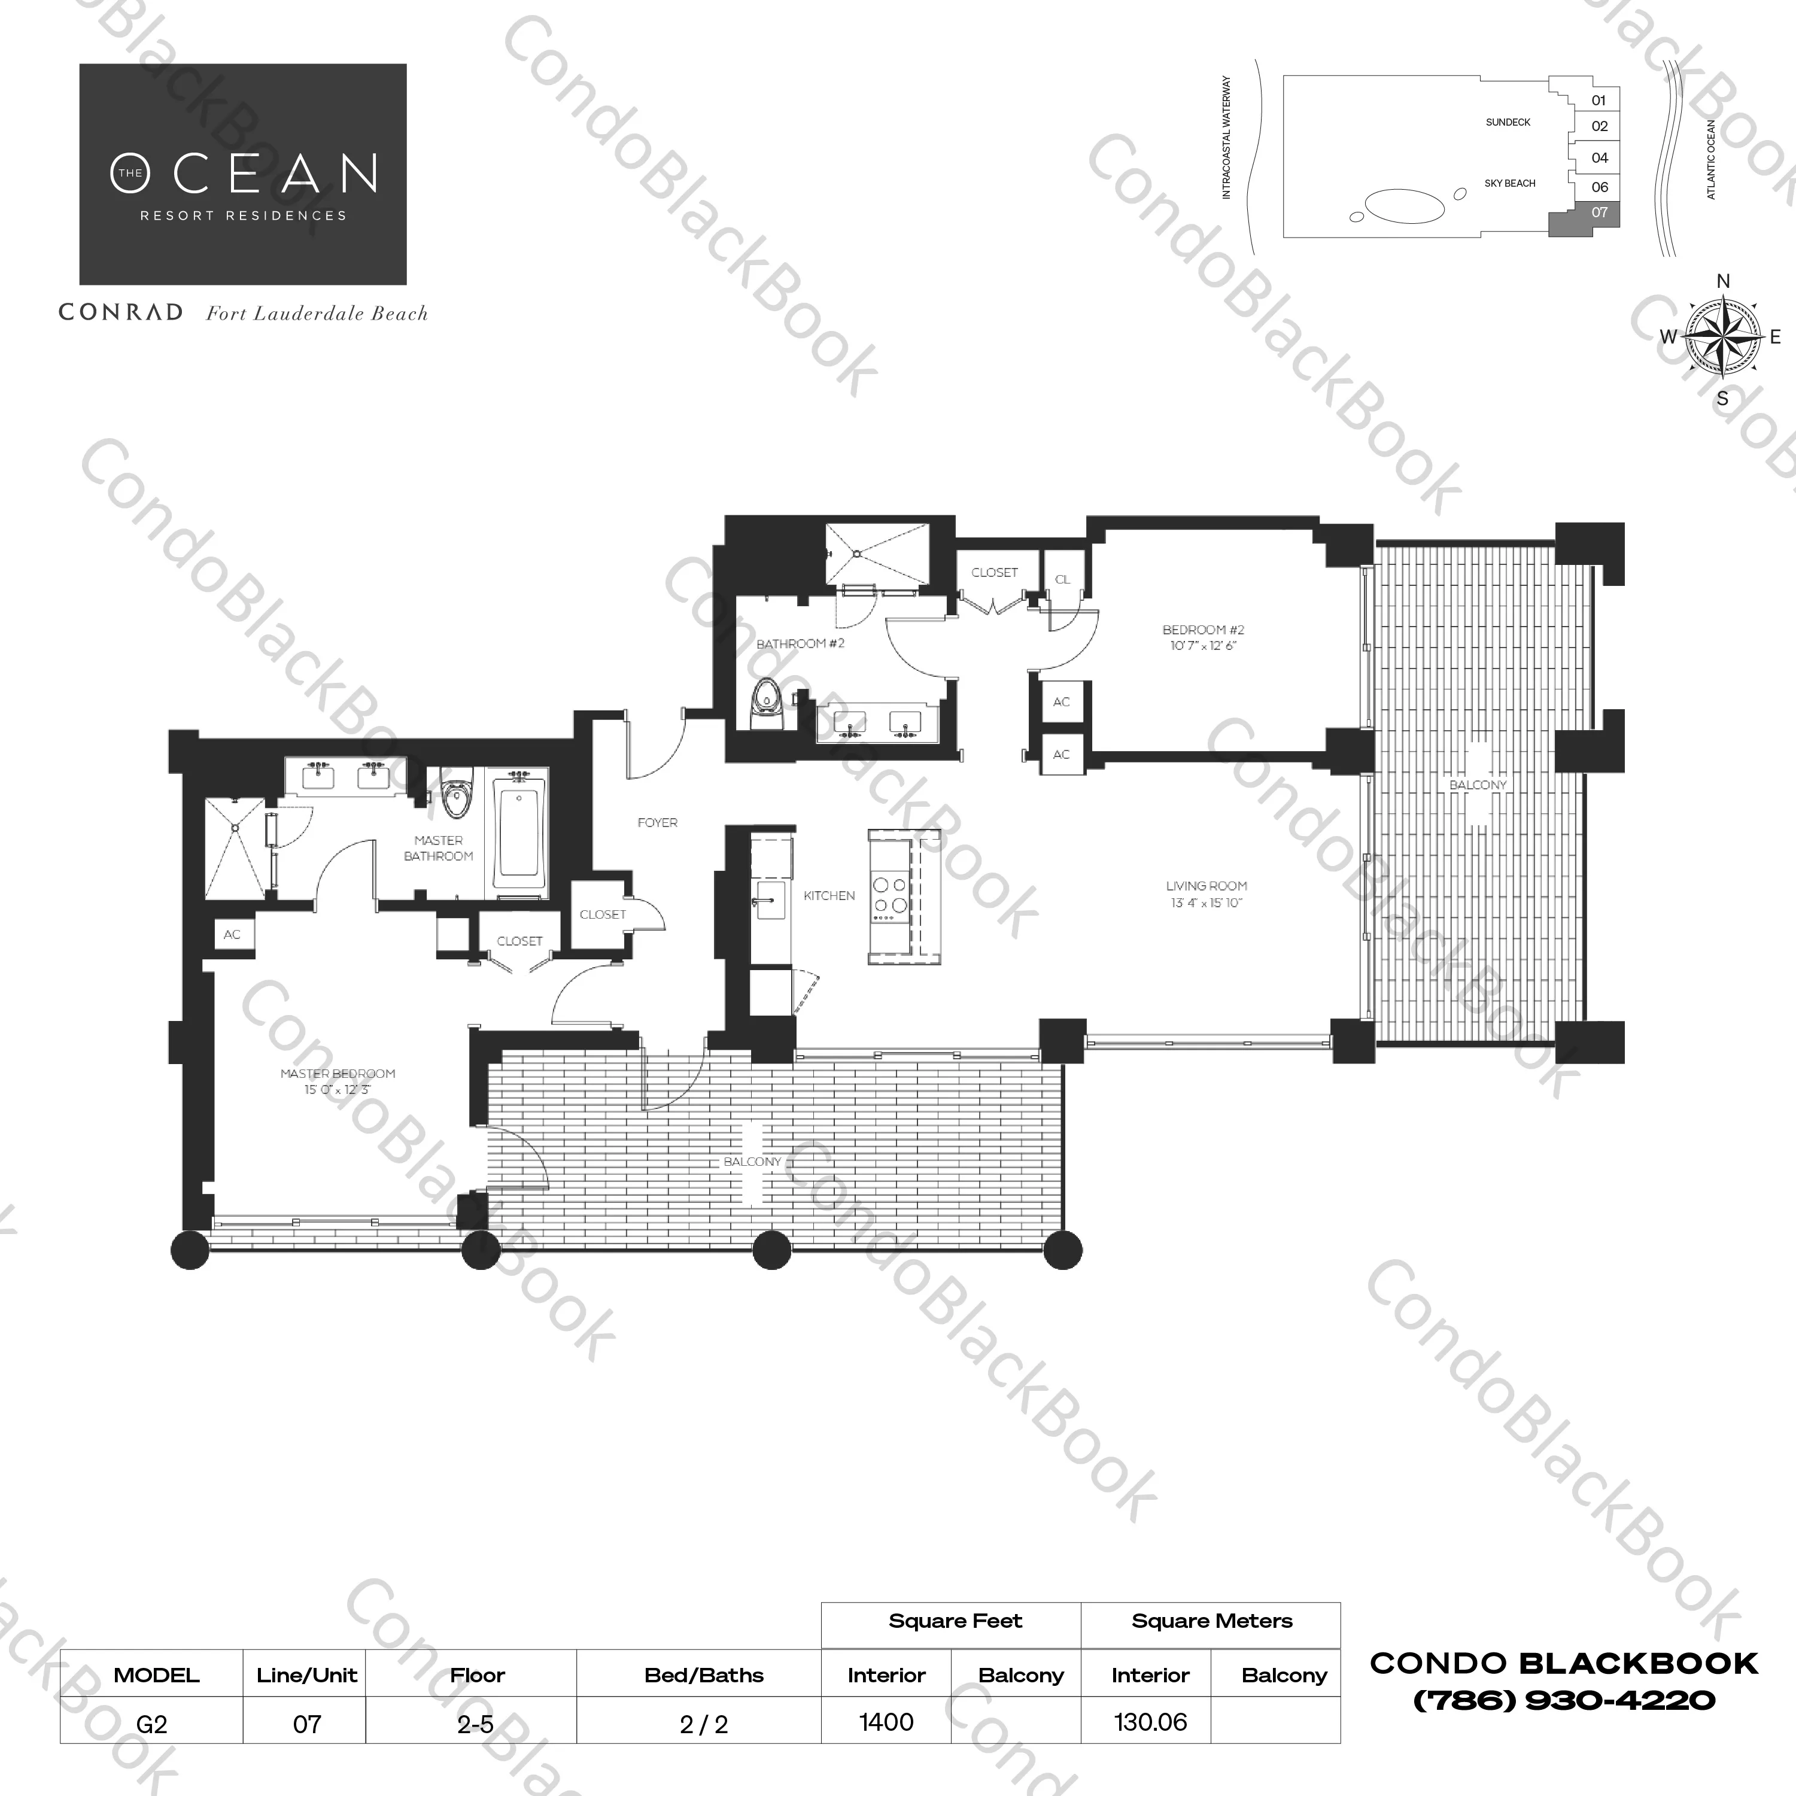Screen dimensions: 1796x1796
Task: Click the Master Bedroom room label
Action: tap(338, 1081)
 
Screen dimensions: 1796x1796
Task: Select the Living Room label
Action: tap(1206, 894)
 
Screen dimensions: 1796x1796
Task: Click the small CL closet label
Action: tap(1062, 579)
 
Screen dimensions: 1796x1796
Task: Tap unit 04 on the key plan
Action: tap(1599, 158)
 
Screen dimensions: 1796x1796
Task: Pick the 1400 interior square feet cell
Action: tap(886, 1722)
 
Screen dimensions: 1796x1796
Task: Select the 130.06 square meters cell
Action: tap(1150, 1722)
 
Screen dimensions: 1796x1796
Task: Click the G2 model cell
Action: tap(151, 1724)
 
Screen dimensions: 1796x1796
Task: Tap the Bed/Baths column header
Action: tap(704, 1675)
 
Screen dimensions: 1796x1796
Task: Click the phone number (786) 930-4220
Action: tap(1564, 1700)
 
